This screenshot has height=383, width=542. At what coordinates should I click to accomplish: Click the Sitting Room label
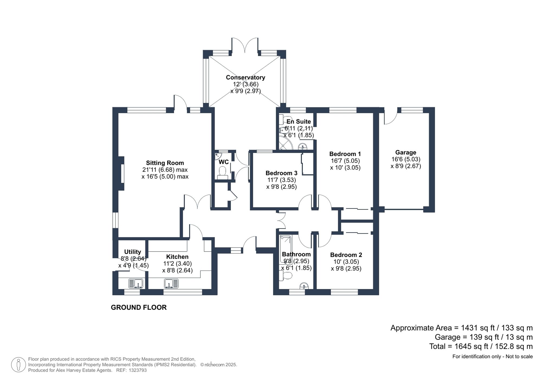[x=165, y=163]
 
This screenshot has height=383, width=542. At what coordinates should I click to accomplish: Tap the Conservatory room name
[x=245, y=77]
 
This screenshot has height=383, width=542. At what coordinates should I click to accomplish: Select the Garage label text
[x=405, y=152]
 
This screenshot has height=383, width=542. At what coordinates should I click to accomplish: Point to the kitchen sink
[x=171, y=284]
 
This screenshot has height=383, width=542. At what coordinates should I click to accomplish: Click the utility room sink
[x=135, y=284]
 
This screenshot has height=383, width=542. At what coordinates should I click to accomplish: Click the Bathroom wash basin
[x=304, y=286]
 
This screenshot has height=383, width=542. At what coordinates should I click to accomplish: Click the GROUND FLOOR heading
[x=139, y=307]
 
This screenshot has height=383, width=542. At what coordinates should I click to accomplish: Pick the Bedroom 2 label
[x=346, y=255]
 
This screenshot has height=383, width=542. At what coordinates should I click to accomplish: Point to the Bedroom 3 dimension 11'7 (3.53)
[x=282, y=180]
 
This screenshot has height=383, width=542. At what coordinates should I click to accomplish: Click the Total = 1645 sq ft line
[x=481, y=346]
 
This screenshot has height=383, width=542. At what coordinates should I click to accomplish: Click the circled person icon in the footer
[x=18, y=365]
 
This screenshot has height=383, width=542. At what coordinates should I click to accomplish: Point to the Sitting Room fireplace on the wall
[x=121, y=173]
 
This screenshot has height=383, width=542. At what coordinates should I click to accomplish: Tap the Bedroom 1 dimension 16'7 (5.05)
[x=345, y=161]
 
